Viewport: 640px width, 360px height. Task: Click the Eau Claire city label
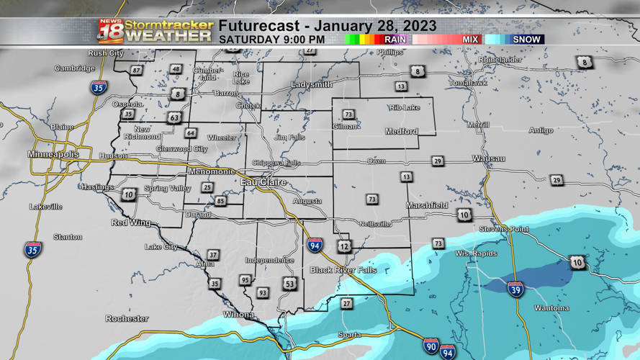(x=263, y=183)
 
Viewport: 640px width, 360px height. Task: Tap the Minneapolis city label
(x=53, y=155)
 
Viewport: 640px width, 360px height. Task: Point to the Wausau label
(x=488, y=158)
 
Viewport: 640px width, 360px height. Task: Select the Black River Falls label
(x=343, y=270)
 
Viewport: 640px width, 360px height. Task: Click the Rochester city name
(x=127, y=318)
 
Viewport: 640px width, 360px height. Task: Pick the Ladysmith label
(x=312, y=85)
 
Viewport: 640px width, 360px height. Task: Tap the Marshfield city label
(x=427, y=206)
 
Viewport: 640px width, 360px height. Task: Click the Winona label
(x=238, y=315)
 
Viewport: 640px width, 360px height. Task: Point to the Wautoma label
(x=551, y=308)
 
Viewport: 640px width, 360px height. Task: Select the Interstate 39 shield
(x=515, y=289)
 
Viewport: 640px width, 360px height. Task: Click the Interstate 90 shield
(x=431, y=346)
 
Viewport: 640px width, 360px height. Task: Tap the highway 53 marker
(x=289, y=284)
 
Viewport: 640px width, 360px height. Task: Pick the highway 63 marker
(x=174, y=117)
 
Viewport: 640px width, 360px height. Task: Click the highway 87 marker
(x=136, y=71)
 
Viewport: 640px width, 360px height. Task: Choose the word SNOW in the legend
(x=526, y=40)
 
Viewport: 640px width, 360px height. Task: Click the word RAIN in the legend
(x=395, y=40)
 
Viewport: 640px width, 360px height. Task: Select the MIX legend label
(x=470, y=40)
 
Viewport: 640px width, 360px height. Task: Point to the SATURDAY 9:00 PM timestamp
(x=271, y=40)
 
